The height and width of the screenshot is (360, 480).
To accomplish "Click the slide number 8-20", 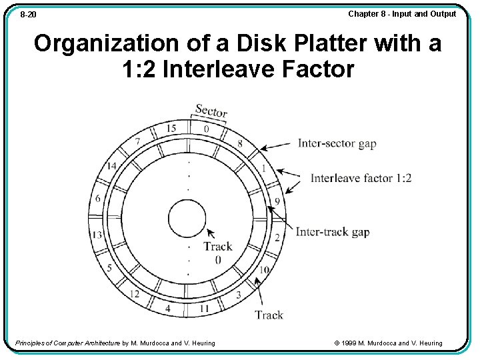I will pos(28,14).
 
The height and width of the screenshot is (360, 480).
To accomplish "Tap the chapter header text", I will pos(402,14).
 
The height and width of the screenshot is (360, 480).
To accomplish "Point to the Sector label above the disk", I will pos(211,111).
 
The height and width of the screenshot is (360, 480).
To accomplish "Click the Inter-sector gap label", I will pos(337,143).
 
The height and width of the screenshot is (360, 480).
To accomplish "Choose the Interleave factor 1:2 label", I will pos(361,178).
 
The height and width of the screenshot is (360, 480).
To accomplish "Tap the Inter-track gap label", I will pos(333,232).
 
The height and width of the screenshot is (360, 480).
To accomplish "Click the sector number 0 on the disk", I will pos(206,129).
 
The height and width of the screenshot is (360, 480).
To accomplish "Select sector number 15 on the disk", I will pos(171,128).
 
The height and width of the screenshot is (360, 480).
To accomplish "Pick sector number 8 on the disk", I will pos(240,143).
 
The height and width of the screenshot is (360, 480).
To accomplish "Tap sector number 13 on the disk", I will pos(97,234).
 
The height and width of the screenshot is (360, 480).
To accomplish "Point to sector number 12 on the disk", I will pos(135,293).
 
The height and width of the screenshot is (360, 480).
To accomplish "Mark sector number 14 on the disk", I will pos(111,166).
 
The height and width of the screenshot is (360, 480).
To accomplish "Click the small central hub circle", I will pos(187,219).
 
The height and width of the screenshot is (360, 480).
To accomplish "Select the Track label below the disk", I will pos(269,315).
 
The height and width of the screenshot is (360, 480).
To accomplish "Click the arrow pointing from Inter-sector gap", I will pos(277,145).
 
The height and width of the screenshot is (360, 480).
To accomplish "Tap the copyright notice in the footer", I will pos(388,343).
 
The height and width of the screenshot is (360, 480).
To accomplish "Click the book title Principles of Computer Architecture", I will pos(67,343).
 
